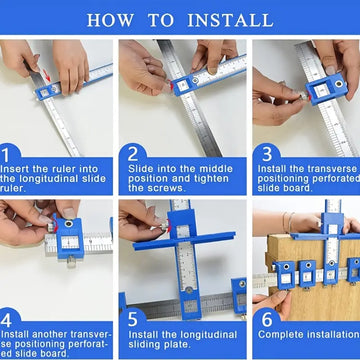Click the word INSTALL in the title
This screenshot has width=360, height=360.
point(230,20)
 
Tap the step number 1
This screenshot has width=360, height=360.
point(6,155)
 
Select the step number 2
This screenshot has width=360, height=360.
point(133,155)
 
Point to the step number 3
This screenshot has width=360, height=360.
point(267,155)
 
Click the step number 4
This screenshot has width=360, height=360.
point(6,320)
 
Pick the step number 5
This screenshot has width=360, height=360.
point(133,320)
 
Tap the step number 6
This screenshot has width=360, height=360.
point(267,320)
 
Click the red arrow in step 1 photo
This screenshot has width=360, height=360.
point(47,76)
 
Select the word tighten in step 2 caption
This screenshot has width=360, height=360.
point(209,178)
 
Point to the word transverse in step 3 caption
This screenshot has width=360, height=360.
point(329,169)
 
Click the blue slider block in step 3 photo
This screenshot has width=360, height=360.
point(327,89)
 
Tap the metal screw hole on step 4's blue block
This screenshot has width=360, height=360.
point(69,224)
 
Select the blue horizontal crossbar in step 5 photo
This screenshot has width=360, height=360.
point(184,241)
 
